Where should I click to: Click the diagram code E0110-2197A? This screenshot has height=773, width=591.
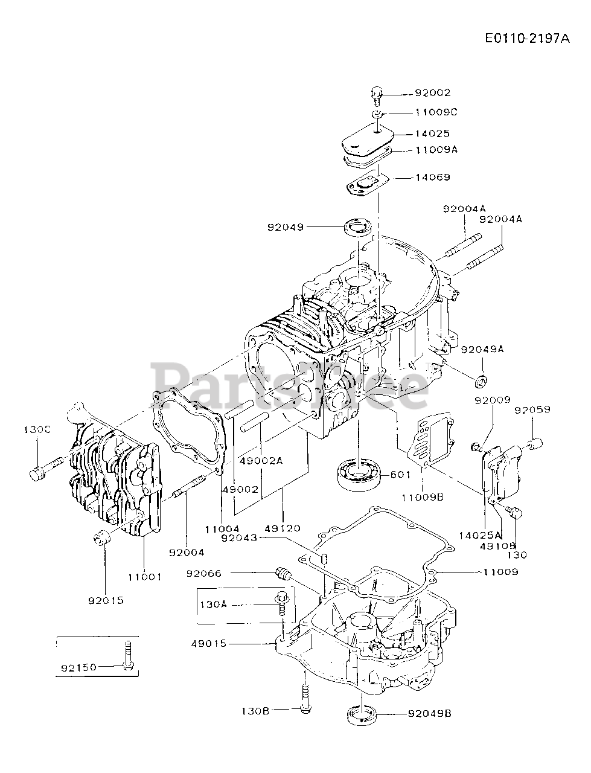tap(527, 39)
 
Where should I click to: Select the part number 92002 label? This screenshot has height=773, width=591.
tap(432, 94)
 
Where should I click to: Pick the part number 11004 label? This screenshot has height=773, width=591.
tap(222, 528)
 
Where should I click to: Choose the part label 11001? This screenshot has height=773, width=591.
tap(144, 577)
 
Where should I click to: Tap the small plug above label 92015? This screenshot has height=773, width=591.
tap(101, 536)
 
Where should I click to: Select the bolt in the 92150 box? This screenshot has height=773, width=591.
tap(127, 656)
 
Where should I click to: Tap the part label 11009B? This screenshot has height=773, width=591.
tap(421, 497)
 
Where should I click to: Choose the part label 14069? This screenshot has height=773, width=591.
tap(432, 178)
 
